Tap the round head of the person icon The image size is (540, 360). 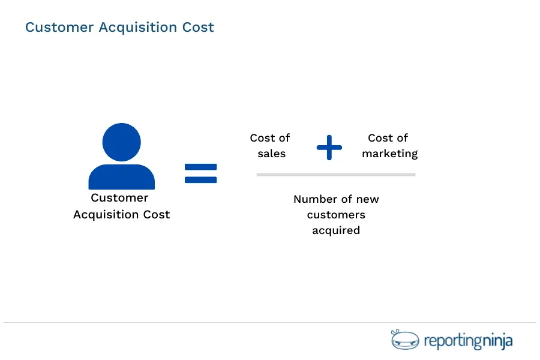(122, 142)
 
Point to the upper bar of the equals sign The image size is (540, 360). (200, 167)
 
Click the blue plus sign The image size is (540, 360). (329, 147)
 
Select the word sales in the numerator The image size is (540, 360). (272, 154)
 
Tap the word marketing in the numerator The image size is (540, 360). (390, 154)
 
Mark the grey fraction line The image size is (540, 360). (336, 175)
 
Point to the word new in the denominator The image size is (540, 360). (368, 199)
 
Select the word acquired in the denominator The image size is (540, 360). (336, 230)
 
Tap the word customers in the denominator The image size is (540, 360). (336, 215)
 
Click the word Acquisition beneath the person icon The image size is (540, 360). (106, 215)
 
